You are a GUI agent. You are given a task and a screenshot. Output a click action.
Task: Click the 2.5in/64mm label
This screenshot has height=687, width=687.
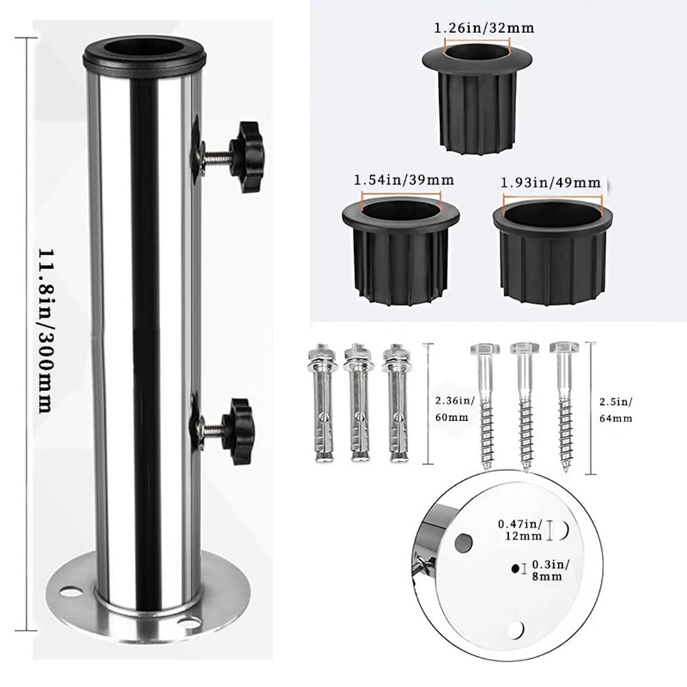[614, 409]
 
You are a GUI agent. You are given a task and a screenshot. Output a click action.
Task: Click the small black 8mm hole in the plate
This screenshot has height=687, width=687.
[513, 569]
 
